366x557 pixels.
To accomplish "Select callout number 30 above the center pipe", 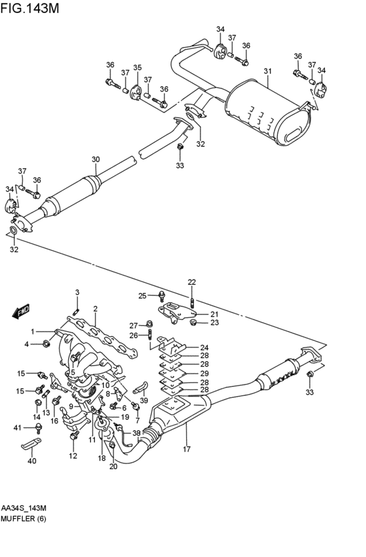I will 95,160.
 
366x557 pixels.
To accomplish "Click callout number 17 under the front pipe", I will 186,449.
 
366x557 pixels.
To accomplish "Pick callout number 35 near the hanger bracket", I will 137,67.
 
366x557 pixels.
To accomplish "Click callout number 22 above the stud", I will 191,282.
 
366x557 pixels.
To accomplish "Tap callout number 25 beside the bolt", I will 142,296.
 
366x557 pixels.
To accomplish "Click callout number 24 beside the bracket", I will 205,348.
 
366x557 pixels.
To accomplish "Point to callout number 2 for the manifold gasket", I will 95,309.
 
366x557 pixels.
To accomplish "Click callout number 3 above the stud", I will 76,292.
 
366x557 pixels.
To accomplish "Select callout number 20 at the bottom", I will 113,466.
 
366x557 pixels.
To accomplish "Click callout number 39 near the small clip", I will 144,401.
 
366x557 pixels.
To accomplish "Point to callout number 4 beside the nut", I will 27,344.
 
